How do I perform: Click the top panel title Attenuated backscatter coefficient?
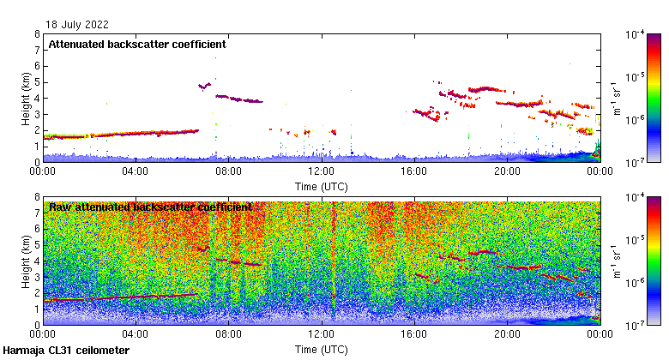pos(137,44)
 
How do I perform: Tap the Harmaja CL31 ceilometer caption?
pos(66,351)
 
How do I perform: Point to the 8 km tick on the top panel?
pos(36,34)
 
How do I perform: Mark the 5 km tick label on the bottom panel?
pos(36,245)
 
